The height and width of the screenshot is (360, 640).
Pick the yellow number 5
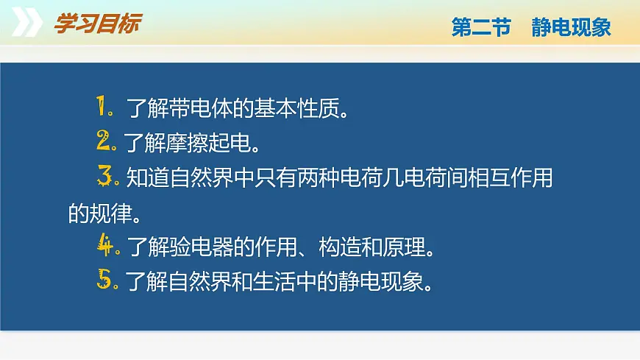[105, 280]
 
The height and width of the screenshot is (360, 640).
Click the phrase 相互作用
[510, 178]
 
